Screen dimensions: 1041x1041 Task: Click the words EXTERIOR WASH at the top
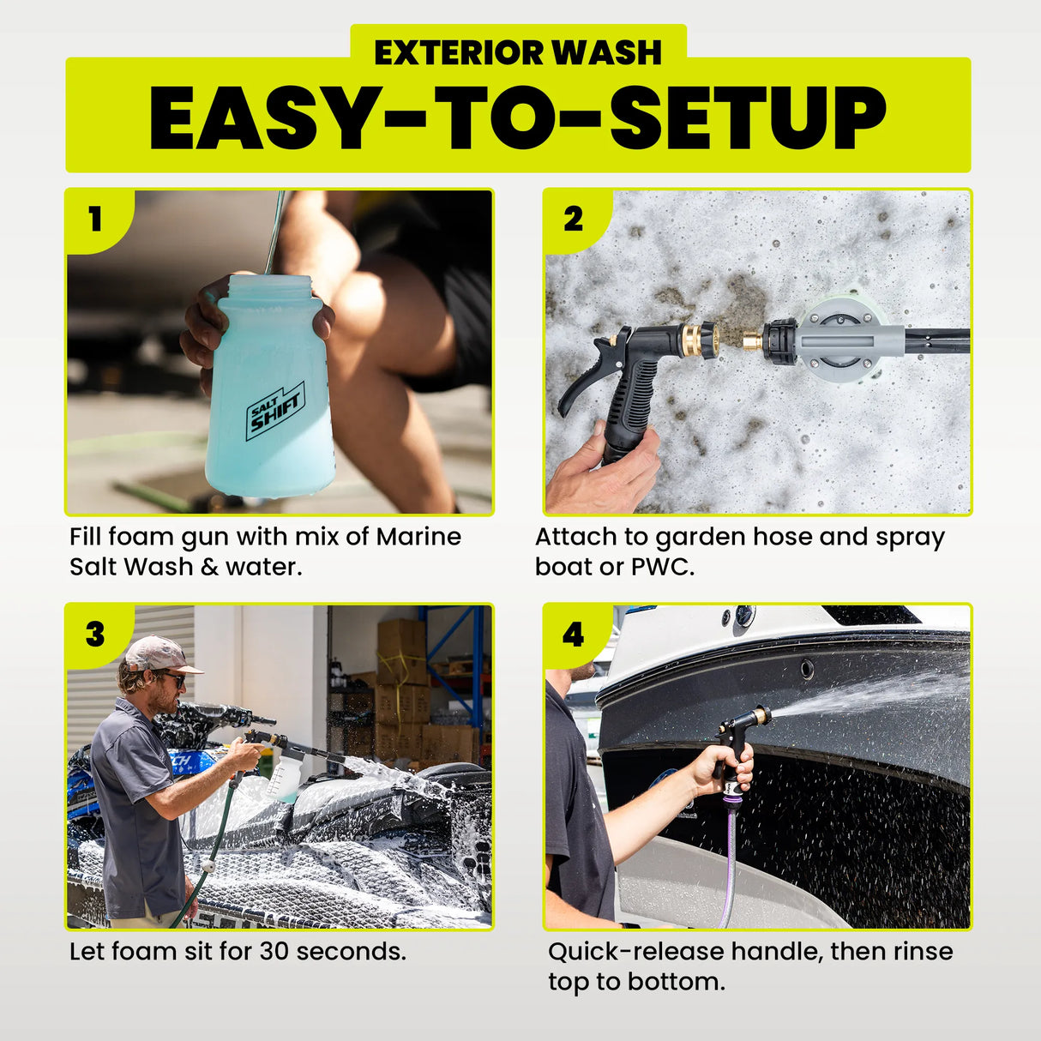coord(518,52)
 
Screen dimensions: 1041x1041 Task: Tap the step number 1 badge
coord(95,219)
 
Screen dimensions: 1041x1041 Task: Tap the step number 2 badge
coord(573,219)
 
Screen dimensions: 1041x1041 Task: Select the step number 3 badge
coord(95,634)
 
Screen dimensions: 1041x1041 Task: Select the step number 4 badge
coord(573,634)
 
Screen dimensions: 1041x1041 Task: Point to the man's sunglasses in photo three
coord(174,679)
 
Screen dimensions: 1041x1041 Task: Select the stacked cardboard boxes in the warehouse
coord(403,686)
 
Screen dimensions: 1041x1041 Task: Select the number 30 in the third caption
coord(274,951)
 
